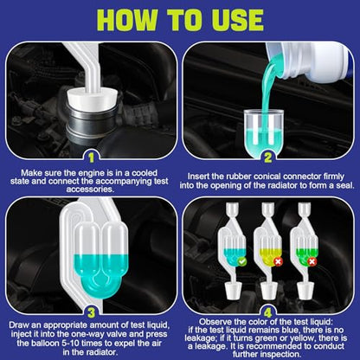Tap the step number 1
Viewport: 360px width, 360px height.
pos(92,157)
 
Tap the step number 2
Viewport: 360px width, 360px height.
pos(268,157)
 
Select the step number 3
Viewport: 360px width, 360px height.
pos(92,312)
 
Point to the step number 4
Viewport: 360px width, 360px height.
pos(268,312)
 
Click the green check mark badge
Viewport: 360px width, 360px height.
pos(241,261)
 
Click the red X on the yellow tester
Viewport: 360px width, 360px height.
pos(278,261)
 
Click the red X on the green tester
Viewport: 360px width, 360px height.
pos(312,261)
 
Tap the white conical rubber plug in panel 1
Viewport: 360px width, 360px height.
pos(92,99)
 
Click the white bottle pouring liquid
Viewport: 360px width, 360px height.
pos(309,60)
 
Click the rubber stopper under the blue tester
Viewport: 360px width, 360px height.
pos(234,290)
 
